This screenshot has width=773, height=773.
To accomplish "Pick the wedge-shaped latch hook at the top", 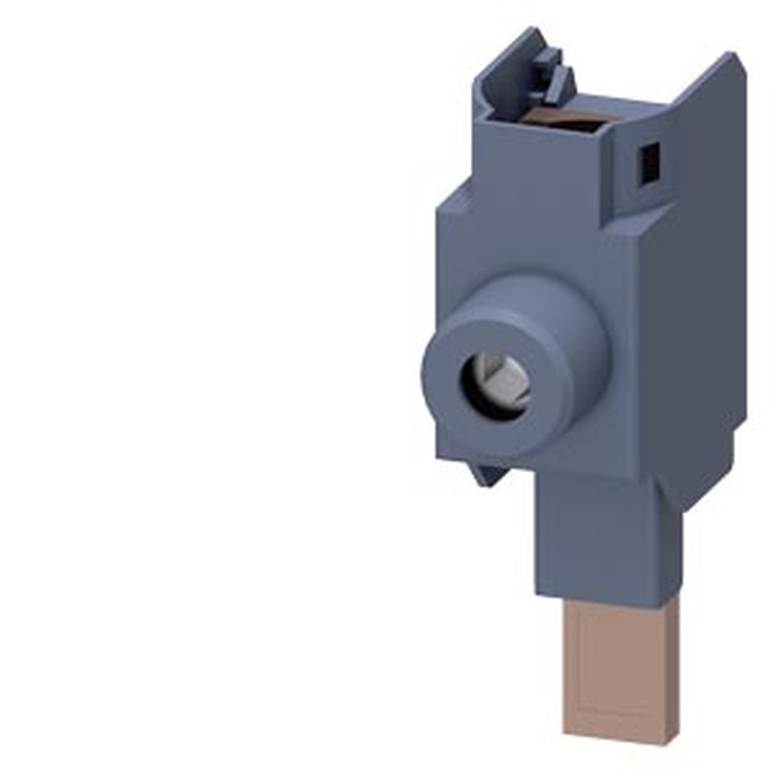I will pyautogui.click(x=560, y=82).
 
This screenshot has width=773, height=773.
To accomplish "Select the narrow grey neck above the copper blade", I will pyautogui.click(x=595, y=533).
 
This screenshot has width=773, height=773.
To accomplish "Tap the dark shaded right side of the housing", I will pyautogui.click(x=696, y=309).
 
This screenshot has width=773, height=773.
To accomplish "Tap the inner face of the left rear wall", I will pyautogui.click(x=502, y=85).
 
